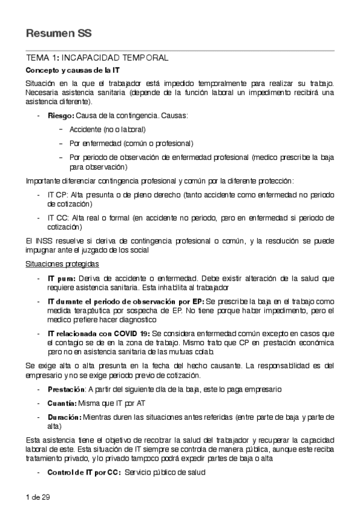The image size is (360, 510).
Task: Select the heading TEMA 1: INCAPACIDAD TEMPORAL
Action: point(97,58)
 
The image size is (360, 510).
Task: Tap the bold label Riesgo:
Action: point(61,115)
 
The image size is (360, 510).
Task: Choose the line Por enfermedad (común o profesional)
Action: point(131,143)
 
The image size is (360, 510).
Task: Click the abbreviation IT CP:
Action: point(58,195)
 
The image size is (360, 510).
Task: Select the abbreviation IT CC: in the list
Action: point(58,219)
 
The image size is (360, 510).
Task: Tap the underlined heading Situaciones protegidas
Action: point(62,264)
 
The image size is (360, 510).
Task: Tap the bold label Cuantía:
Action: point(62,402)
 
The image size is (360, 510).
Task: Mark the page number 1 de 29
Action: point(37,496)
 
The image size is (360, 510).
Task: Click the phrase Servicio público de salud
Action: point(165,472)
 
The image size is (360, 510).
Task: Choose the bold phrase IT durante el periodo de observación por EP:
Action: point(126,300)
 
